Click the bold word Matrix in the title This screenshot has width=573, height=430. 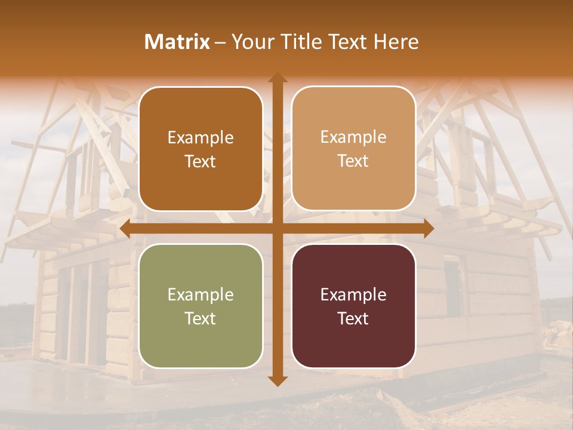pos(177,42)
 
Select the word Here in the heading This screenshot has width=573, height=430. pos(396,42)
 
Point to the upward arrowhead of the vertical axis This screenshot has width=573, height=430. pos(277,78)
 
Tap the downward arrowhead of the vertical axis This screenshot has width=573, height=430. pos(277,380)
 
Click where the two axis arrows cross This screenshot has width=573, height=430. pos(277,229)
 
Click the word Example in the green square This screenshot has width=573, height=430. pos(201,294)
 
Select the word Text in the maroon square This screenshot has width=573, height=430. pos(353,318)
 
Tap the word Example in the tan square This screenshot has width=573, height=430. pos(353,137)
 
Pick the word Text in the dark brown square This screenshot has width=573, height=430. pos(201,161)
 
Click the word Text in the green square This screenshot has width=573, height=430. pos(201,318)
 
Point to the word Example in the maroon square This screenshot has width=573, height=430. pos(353,294)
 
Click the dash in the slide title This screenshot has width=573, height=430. pos(220,42)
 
